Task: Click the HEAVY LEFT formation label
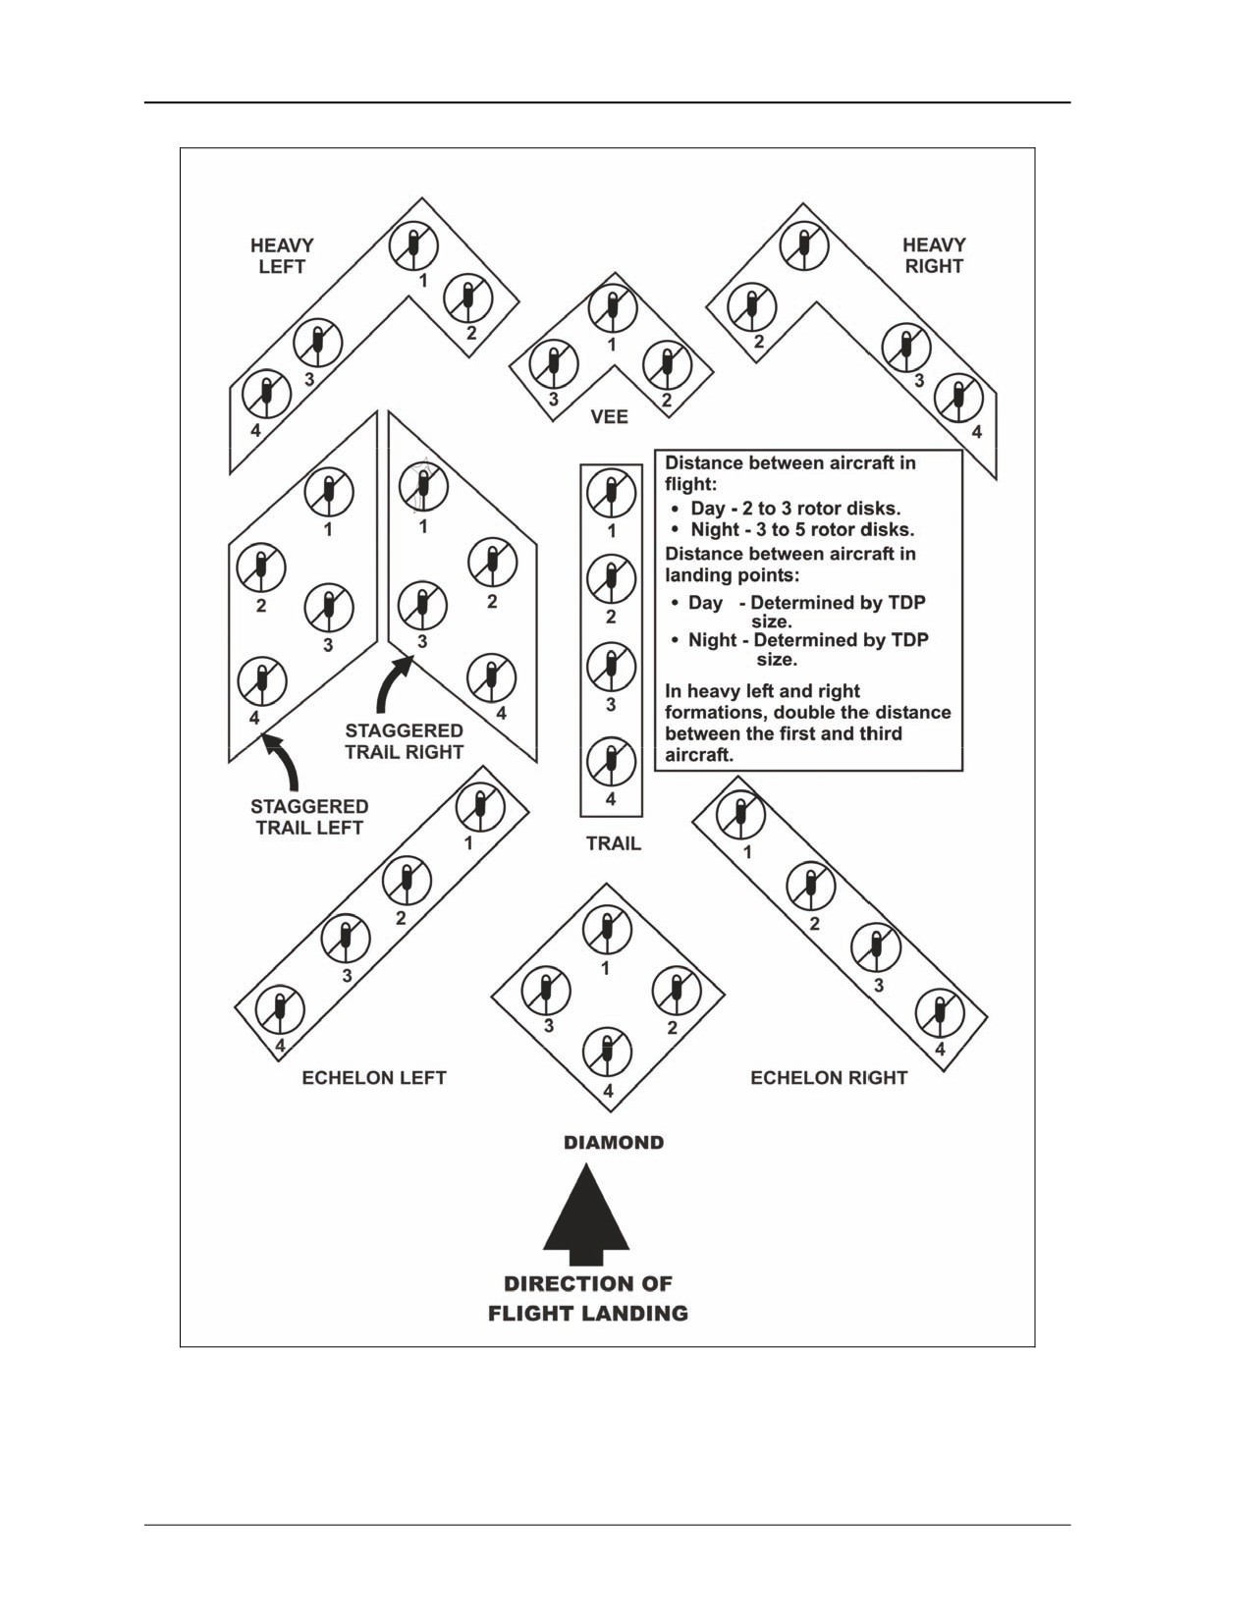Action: click(x=282, y=255)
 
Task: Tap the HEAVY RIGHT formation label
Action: click(x=934, y=255)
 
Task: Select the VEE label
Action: click(x=609, y=416)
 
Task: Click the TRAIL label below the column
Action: click(x=613, y=843)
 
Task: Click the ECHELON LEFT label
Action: click(x=373, y=1077)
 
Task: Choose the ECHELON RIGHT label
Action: click(x=829, y=1077)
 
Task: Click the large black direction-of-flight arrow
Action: click(x=586, y=1216)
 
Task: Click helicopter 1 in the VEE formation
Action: click(x=612, y=308)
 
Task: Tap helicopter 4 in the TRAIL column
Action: click(x=612, y=761)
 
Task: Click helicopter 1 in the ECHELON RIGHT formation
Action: click(x=739, y=813)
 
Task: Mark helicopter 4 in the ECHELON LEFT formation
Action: click(x=280, y=1011)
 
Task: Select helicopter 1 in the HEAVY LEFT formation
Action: click(x=412, y=246)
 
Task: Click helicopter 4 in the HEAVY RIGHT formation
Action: click(x=958, y=399)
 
